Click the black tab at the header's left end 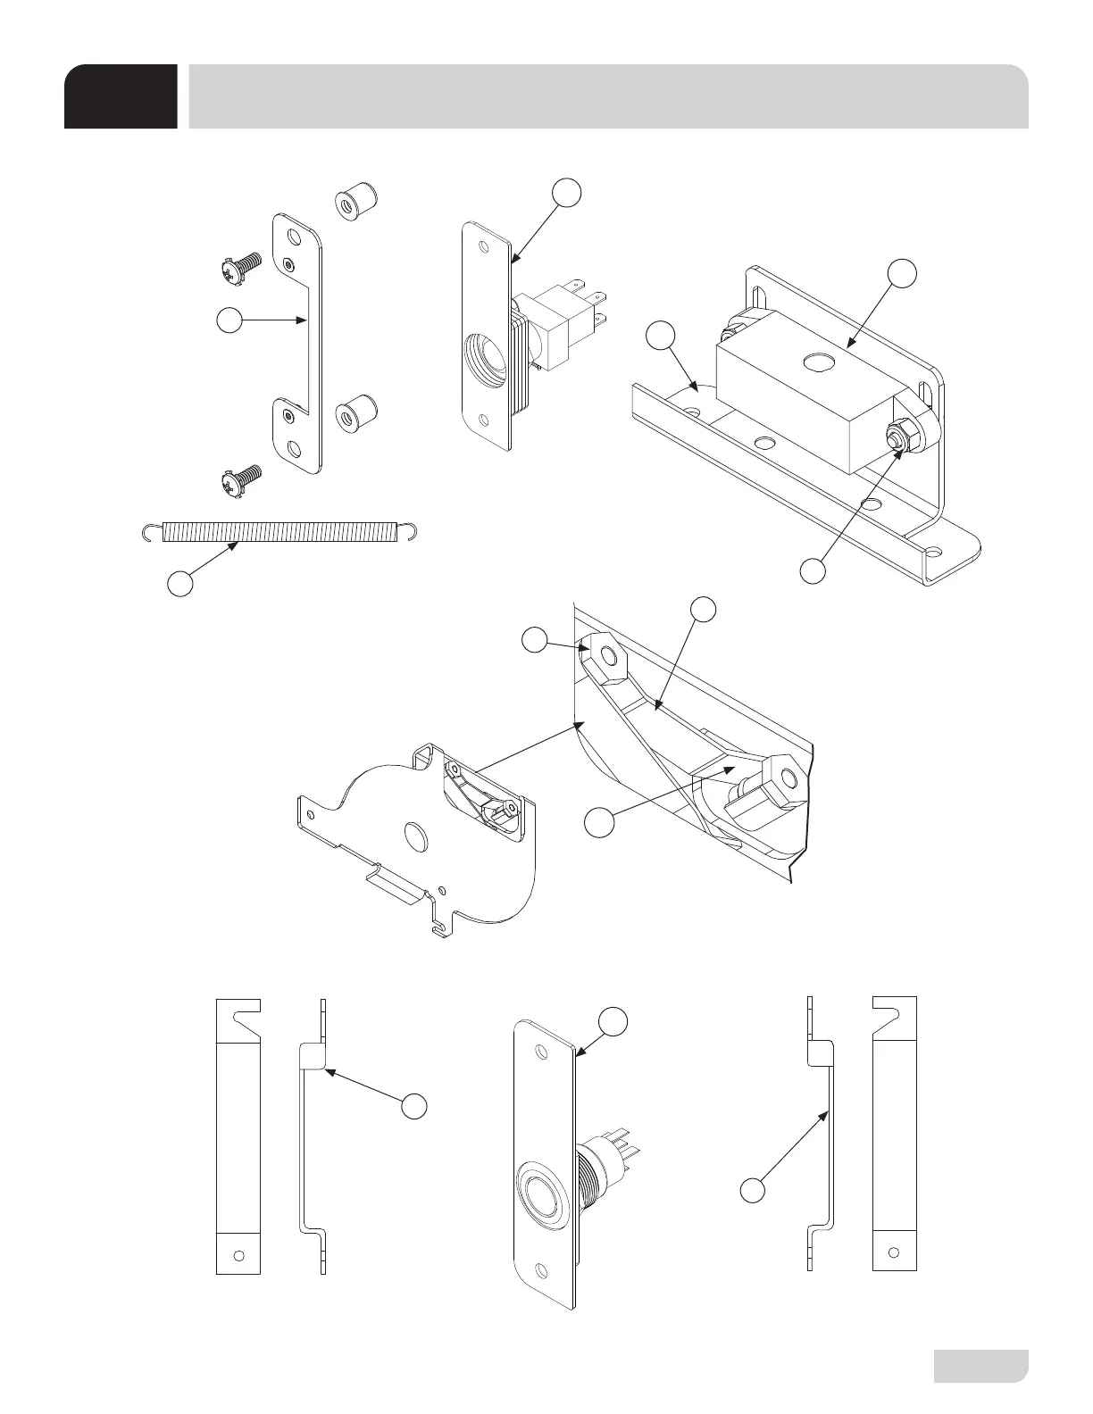[121, 96]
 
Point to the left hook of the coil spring [151, 533]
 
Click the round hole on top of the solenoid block [816, 362]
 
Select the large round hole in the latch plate [413, 836]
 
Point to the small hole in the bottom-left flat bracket [238, 1253]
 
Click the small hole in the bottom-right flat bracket [894, 1252]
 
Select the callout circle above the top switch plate [565, 192]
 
